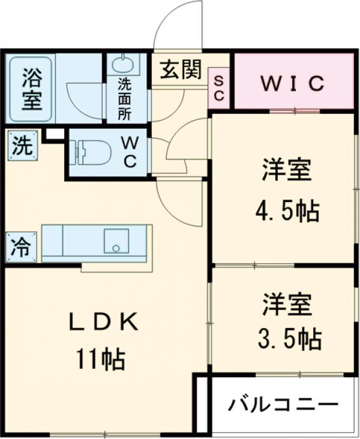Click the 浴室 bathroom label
click(28, 88)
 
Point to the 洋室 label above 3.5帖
click(286, 304)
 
